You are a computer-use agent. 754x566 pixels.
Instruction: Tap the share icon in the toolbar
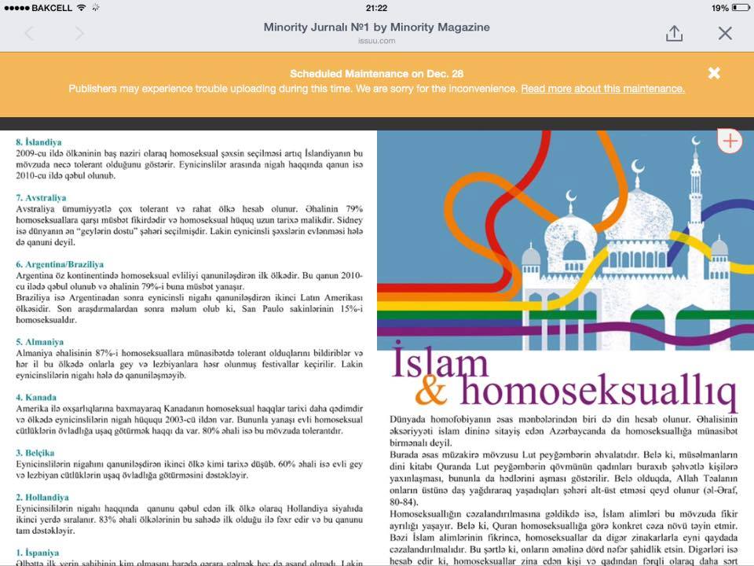pos(674,33)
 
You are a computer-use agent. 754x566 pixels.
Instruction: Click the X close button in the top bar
pos(725,33)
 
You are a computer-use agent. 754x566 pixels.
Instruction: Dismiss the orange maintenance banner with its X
pos(714,73)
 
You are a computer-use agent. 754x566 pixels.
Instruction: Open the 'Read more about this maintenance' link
pos(602,89)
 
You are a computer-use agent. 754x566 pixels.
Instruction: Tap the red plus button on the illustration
pos(730,141)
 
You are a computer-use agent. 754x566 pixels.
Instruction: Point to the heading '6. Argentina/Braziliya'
pos(60,265)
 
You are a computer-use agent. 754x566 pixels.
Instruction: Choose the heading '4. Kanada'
pos(37,398)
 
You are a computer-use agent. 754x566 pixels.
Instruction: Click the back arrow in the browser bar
pos(29,33)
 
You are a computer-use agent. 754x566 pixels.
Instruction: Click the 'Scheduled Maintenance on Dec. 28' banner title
pos(376,74)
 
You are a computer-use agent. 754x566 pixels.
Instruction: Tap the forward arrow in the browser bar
pos(79,33)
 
